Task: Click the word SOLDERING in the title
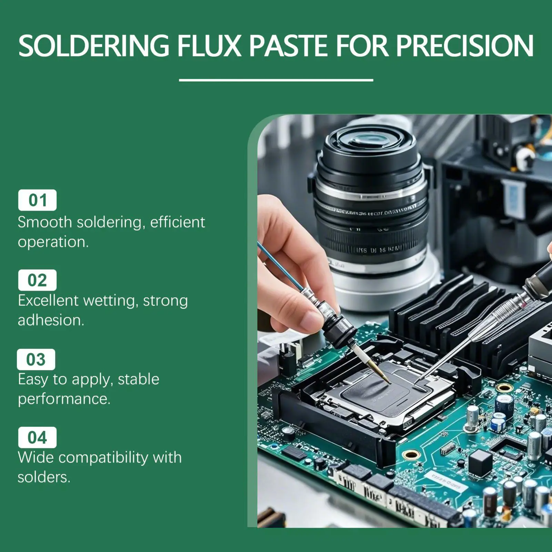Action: point(94,46)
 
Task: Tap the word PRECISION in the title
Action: point(464,46)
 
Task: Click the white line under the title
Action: point(276,80)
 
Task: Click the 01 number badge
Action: point(37,200)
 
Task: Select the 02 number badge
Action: point(37,280)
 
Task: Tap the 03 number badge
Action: point(36,360)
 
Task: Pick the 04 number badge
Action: point(37,438)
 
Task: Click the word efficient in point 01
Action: point(178,222)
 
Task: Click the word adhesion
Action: point(51,320)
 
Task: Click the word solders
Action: point(44,478)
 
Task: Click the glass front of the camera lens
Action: point(371,141)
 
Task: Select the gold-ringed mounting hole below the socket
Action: point(411,455)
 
